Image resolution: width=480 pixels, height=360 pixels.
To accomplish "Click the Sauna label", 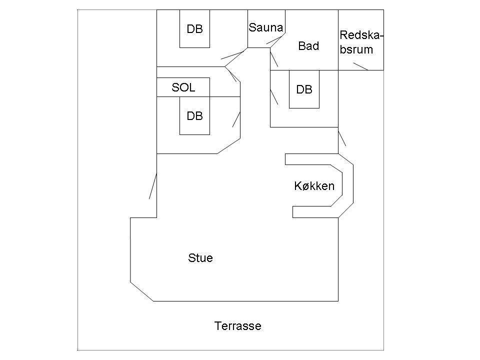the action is pyautogui.click(x=265, y=27).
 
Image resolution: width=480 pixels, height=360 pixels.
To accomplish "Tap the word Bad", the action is pyautogui.click(x=308, y=46).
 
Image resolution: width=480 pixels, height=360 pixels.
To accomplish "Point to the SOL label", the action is pyautogui.click(x=183, y=87).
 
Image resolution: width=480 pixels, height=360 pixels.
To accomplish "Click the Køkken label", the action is pyautogui.click(x=314, y=186).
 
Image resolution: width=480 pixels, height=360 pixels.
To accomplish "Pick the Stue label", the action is pyautogui.click(x=200, y=258).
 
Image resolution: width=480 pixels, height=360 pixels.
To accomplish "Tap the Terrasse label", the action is pyautogui.click(x=238, y=325).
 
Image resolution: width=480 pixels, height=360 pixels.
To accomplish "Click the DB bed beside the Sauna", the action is pyautogui.click(x=194, y=29).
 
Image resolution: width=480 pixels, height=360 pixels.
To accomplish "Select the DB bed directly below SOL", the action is pyautogui.click(x=194, y=115).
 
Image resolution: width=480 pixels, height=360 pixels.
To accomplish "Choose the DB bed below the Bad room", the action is pyautogui.click(x=304, y=89).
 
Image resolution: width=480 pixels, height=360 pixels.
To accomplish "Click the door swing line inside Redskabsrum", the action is pyautogui.click(x=360, y=66).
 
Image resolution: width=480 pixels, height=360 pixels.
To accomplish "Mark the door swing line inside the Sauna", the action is pyautogui.click(x=274, y=40).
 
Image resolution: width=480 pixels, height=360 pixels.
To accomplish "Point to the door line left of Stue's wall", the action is pyautogui.click(x=153, y=186).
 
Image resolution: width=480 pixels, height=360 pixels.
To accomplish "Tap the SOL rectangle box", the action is pyautogui.click(x=183, y=87).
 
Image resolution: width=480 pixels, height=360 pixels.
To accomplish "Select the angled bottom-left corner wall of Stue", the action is pyautogui.click(x=141, y=291).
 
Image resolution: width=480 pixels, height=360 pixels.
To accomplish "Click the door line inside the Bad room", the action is pyautogui.click(x=274, y=59).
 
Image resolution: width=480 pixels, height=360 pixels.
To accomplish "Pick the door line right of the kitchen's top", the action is pyautogui.click(x=342, y=138).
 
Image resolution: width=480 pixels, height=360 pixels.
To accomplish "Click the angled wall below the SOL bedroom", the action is pyautogui.click(x=228, y=146).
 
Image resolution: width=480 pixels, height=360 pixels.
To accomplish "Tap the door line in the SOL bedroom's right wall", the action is pyautogui.click(x=236, y=119).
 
